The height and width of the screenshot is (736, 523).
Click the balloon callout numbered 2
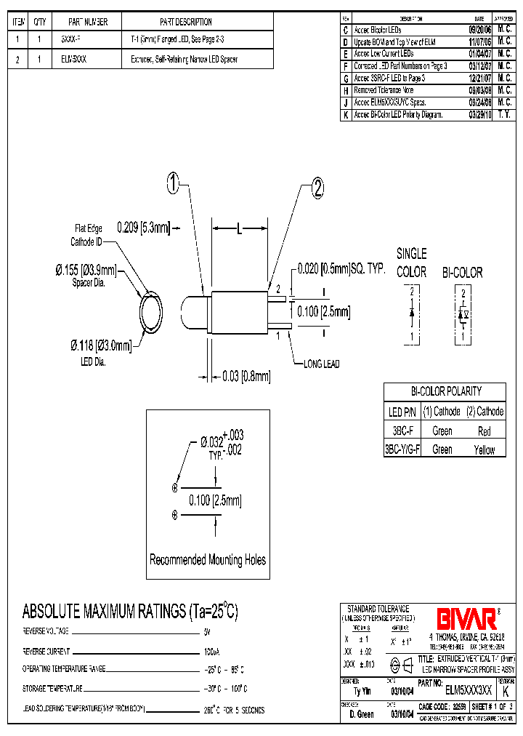(317, 189)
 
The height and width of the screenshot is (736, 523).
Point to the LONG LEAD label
(321, 364)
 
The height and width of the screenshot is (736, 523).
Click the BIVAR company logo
(466, 619)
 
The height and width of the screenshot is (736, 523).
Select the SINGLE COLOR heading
(411, 263)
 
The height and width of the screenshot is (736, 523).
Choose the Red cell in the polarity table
(485, 431)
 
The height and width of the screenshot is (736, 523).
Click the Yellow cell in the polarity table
(485, 449)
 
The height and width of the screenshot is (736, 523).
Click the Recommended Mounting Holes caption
(208, 559)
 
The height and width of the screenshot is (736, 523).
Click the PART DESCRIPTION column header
(185, 22)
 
